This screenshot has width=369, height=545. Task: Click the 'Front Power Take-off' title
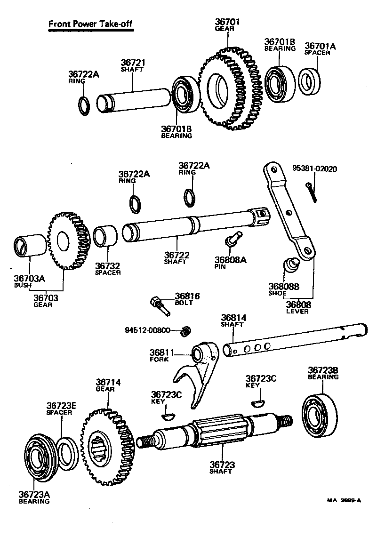point(90,24)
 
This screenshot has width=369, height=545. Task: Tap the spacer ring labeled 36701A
point(309,80)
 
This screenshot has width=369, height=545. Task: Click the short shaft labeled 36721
point(134,100)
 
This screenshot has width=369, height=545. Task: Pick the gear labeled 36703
point(68,242)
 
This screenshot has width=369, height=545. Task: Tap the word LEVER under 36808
point(298,312)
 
